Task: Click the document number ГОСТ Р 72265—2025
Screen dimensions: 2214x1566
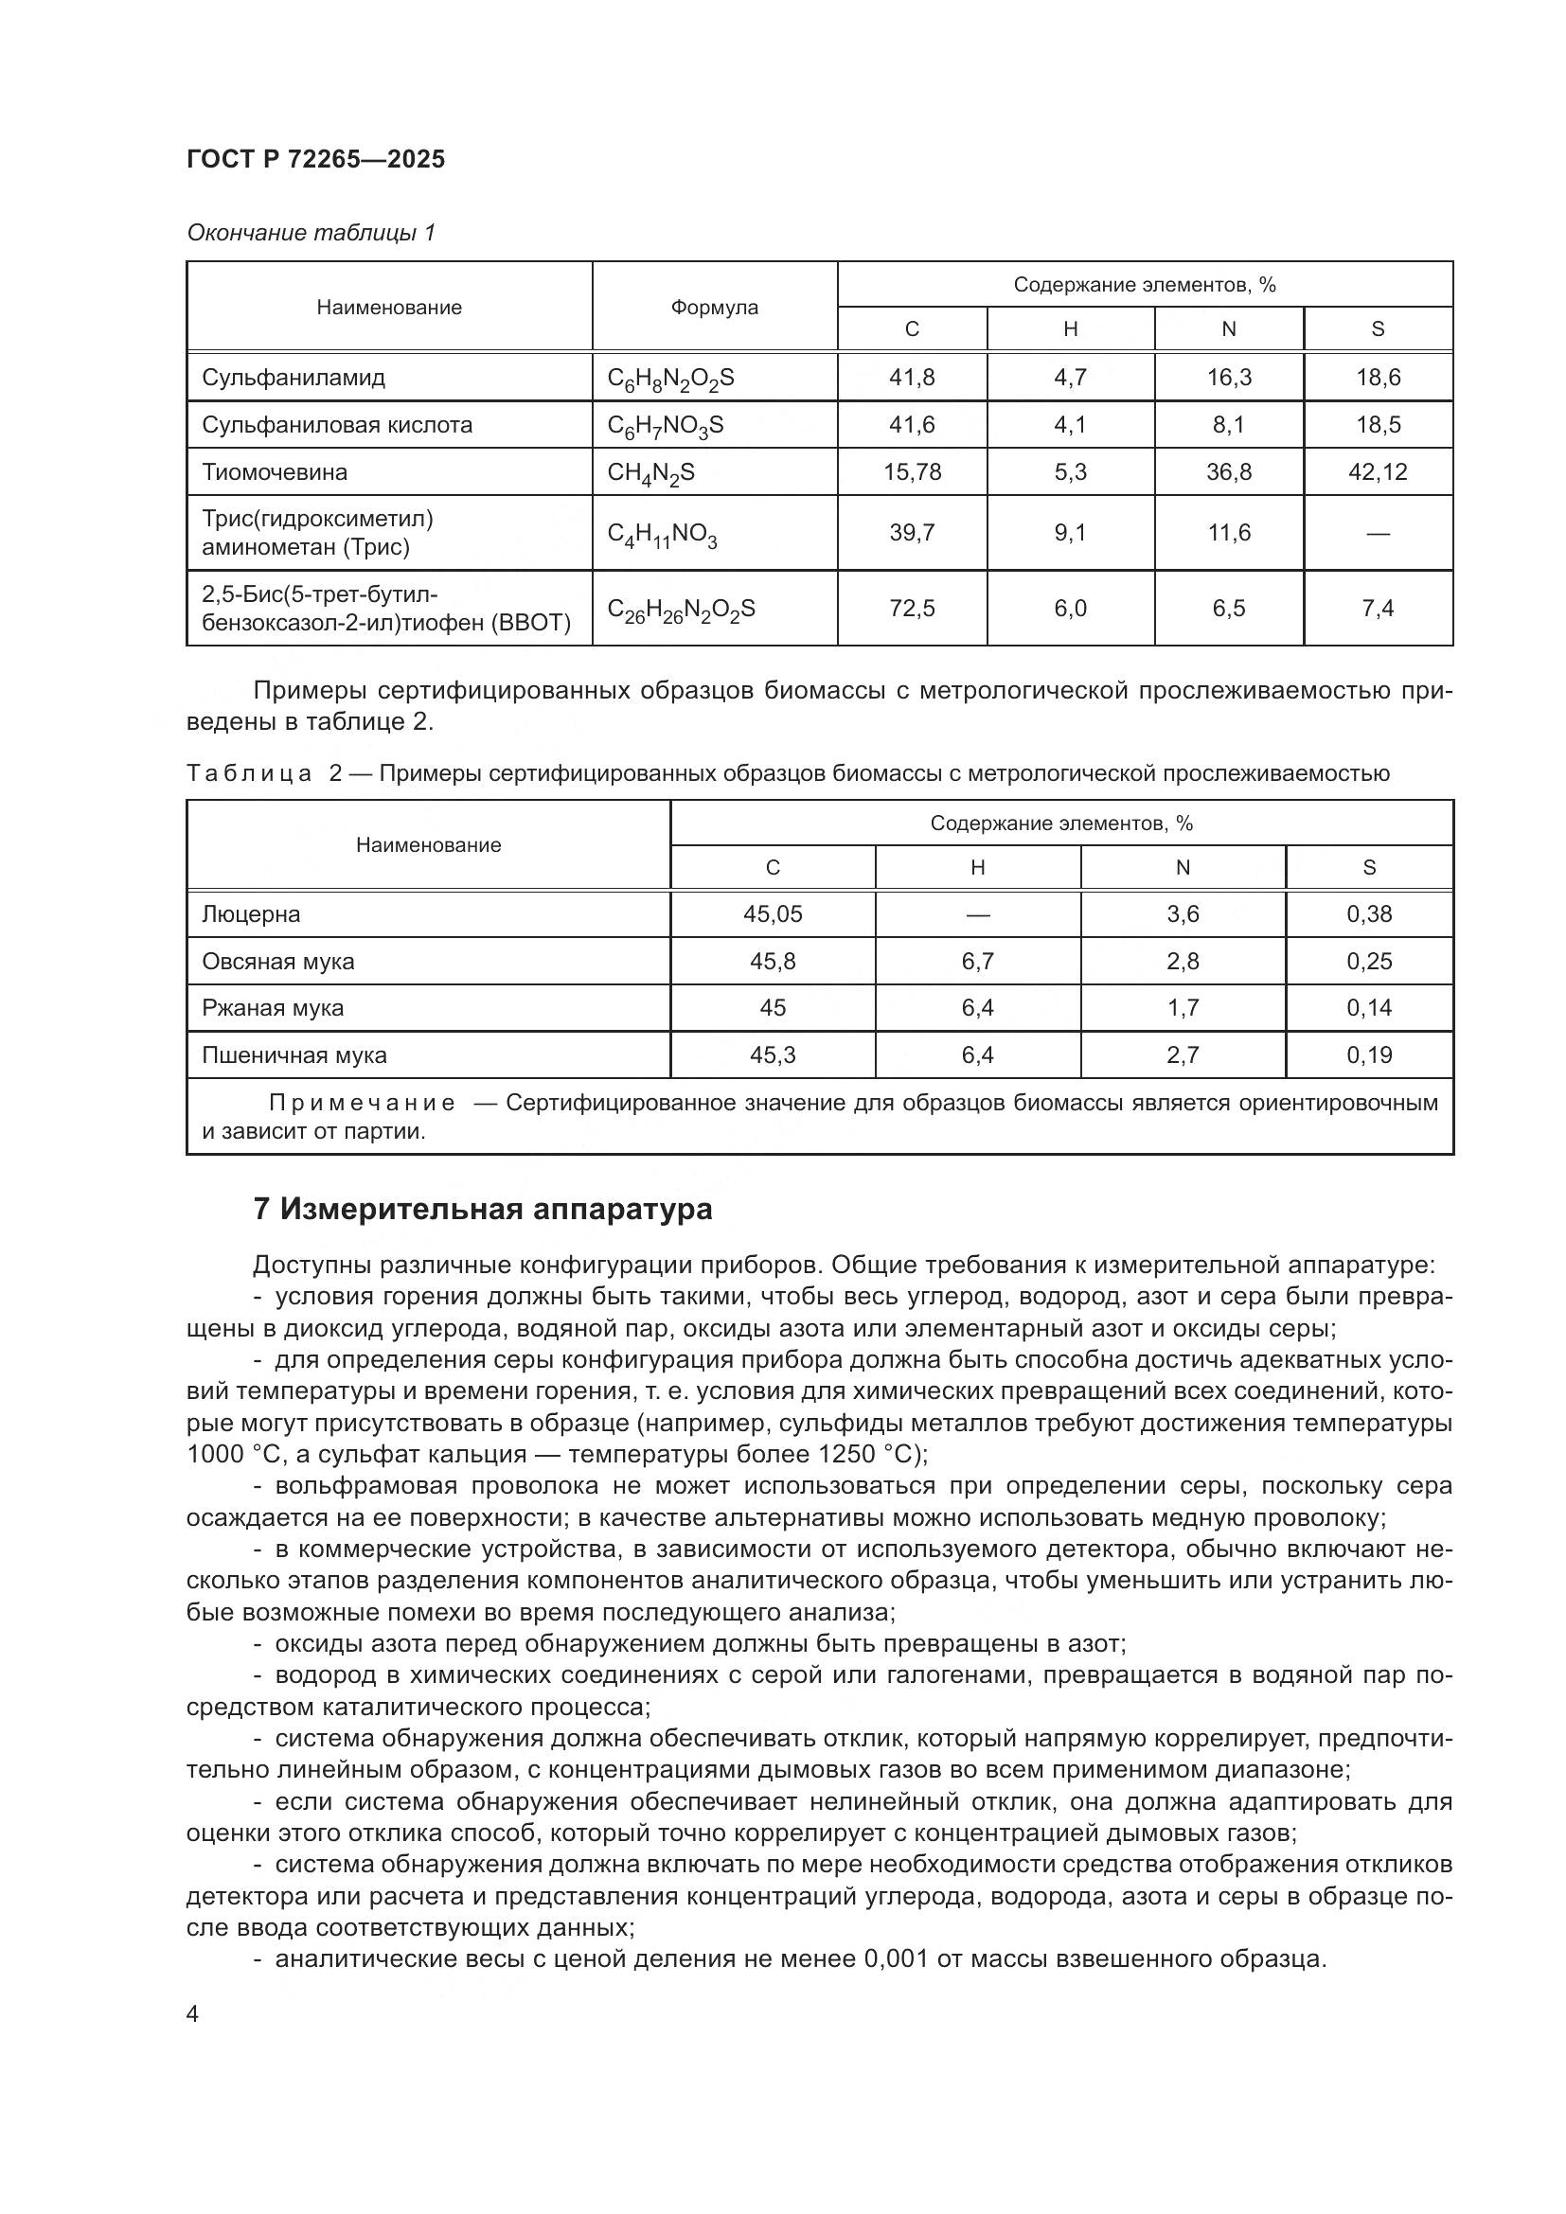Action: [315, 159]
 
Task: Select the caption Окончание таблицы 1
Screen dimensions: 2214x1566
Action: [311, 233]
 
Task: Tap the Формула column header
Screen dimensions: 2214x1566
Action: [714, 307]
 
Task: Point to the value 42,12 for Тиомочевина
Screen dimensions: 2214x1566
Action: [1377, 471]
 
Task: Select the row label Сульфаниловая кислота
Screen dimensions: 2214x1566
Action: [336, 425]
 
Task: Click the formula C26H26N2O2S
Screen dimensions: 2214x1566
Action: [681, 610]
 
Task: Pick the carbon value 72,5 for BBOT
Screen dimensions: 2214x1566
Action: [911, 609]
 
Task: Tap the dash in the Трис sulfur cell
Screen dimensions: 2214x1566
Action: [1377, 532]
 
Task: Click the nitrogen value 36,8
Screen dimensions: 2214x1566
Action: [1229, 471]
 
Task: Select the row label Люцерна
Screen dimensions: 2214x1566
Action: [251, 914]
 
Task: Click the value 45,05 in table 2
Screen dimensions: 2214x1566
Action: [773, 914]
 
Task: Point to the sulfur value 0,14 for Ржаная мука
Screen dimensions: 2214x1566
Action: [1368, 1008]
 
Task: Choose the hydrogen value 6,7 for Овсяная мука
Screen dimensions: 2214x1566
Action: [977, 962]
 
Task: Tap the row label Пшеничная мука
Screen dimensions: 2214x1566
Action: [294, 1054]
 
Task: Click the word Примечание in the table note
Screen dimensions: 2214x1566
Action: [362, 1102]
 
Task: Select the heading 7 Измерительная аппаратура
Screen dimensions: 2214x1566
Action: [482, 1209]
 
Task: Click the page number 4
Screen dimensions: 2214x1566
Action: [193, 2042]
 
